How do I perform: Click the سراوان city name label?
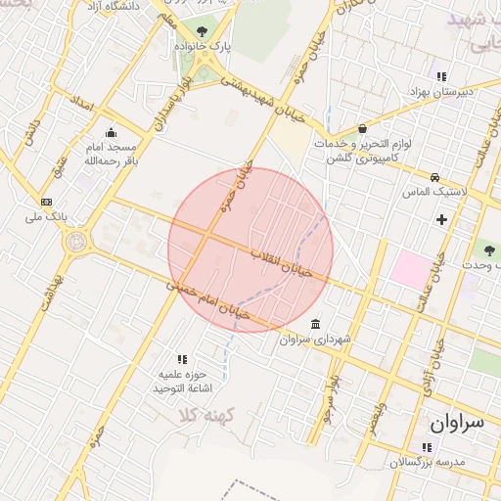[456, 424]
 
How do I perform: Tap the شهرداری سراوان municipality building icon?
[315, 324]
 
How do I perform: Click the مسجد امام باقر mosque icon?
[111, 133]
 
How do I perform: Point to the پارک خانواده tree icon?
[203, 31]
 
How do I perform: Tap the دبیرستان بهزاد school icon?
[441, 76]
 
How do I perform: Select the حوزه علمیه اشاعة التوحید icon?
[181, 359]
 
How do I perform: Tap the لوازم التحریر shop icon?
[363, 128]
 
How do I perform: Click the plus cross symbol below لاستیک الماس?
[441, 219]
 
